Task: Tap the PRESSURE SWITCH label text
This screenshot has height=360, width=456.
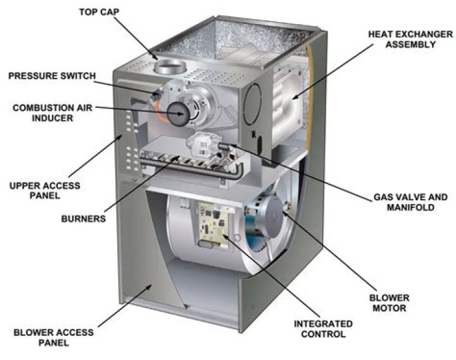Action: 52,76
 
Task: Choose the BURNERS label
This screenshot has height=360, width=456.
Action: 83,219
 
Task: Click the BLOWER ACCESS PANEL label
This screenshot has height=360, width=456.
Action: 54,337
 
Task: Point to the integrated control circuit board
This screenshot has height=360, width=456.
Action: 215,226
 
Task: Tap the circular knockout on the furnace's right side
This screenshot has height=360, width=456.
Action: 253,100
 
